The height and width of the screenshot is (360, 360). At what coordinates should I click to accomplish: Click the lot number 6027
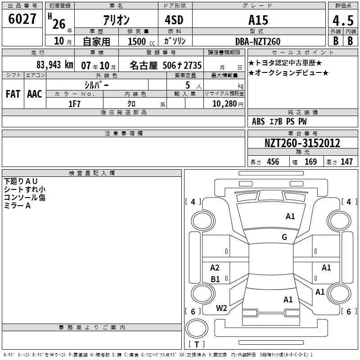tap(22, 19)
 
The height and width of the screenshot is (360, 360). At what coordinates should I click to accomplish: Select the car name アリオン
tap(116, 20)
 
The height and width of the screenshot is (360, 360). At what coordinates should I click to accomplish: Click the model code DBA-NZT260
tap(258, 41)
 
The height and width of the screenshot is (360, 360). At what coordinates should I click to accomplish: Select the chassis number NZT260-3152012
tap(302, 143)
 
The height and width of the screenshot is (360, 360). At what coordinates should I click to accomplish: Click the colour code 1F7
tap(74, 103)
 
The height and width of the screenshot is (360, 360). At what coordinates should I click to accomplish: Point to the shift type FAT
tap(13, 94)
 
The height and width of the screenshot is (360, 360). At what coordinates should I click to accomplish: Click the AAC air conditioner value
tap(35, 94)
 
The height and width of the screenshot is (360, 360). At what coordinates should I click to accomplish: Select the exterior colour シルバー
tap(96, 85)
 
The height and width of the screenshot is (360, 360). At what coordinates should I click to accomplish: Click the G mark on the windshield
tap(284, 237)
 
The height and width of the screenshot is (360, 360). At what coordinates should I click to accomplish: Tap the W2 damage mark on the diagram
tap(221, 308)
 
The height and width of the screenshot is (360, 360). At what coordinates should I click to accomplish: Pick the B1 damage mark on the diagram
tap(216, 279)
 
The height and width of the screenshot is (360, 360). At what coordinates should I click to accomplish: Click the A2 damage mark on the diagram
tap(215, 268)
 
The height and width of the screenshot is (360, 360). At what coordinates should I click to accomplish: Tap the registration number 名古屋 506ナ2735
tap(166, 65)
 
